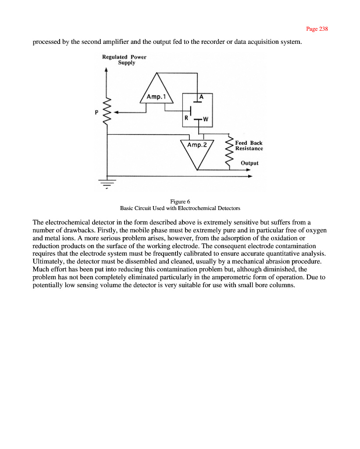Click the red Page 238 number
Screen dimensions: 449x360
pos(317,29)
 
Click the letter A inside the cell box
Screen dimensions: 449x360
pos(201,96)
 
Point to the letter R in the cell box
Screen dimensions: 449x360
pos(186,118)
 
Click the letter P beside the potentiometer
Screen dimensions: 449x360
pos(96,112)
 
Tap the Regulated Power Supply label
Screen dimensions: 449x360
pos(124,60)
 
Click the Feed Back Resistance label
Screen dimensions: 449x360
pos(249,146)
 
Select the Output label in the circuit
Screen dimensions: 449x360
pos(250,163)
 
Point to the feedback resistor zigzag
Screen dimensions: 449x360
pos(228,151)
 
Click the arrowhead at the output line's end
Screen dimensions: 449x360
pos(251,176)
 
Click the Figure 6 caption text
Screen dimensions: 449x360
pos(180,202)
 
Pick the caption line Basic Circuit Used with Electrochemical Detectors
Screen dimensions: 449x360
pos(180,208)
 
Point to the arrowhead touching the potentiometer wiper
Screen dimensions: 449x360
pos(116,112)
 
